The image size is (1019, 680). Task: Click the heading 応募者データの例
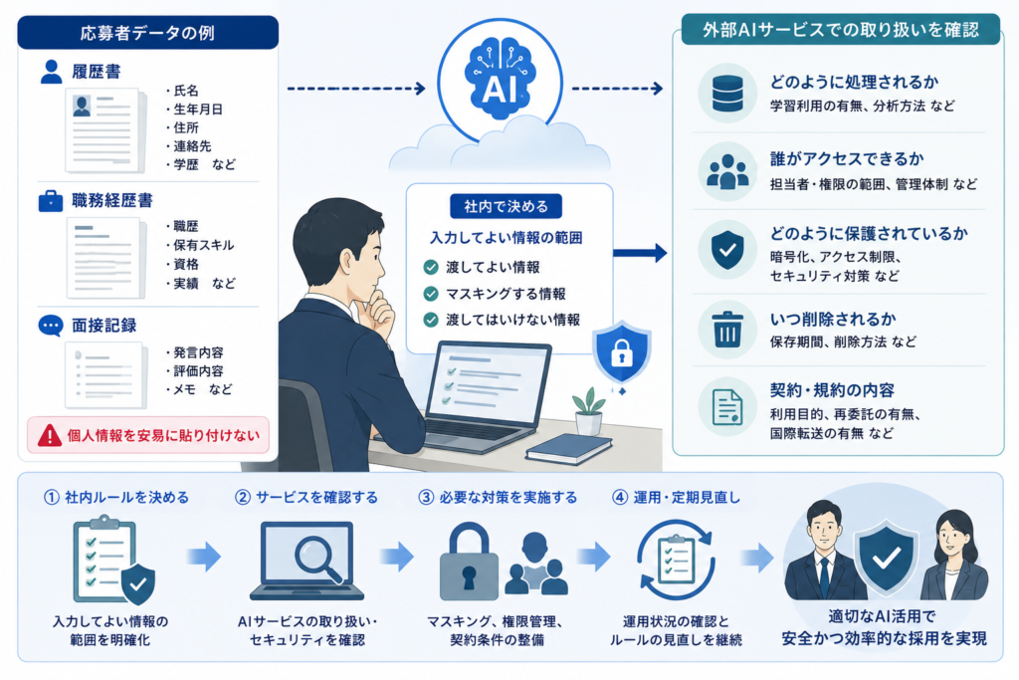tap(147, 33)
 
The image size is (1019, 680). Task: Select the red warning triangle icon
tap(50, 435)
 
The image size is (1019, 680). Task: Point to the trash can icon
tap(727, 329)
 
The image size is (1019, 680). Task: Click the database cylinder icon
tap(727, 93)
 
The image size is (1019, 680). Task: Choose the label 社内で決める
tap(506, 207)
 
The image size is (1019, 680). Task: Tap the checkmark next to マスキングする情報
tap(431, 294)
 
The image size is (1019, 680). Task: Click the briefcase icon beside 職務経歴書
tap(51, 201)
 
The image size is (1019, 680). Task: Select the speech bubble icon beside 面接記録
tap(51, 325)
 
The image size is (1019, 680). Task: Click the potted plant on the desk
tap(589, 411)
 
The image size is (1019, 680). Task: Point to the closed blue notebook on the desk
tap(568, 449)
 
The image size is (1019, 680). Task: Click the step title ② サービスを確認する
tap(306, 498)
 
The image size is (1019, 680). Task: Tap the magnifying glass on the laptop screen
tap(317, 559)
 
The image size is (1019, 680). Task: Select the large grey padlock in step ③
tap(470, 561)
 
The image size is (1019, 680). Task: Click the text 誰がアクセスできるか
tap(847, 159)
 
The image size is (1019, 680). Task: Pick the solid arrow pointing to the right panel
tap(640, 253)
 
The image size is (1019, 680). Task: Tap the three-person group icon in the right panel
tap(727, 171)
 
